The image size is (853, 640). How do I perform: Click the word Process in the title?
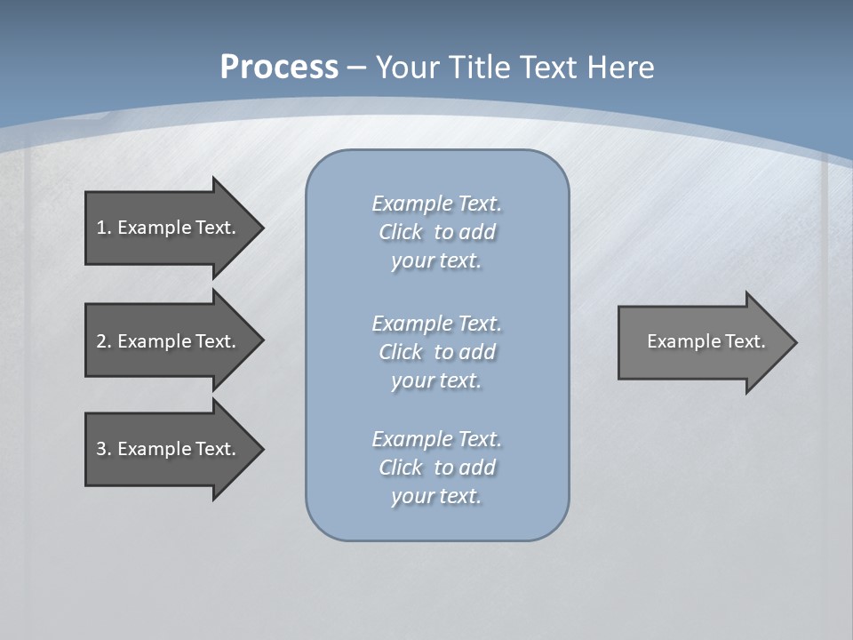point(279,68)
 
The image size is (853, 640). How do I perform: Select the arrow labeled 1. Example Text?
point(169,228)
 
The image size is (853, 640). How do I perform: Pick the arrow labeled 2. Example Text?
point(169,341)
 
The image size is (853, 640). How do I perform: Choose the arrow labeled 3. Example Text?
point(169,449)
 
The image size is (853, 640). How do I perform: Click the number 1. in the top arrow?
point(103,228)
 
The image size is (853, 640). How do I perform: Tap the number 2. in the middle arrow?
point(103,341)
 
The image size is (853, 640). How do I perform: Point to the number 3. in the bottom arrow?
point(103,449)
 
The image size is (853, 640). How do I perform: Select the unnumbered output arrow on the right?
point(702,342)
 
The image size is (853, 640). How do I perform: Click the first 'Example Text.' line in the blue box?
point(437,204)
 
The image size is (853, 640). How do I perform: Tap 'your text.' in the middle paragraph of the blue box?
point(436,380)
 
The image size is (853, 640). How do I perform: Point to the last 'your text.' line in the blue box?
point(436,496)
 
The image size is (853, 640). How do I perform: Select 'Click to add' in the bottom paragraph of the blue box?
point(437,468)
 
